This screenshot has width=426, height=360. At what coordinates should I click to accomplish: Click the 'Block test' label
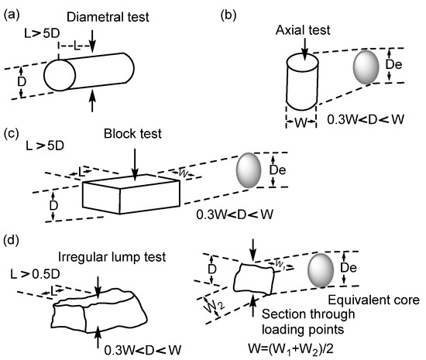pos(133,132)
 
